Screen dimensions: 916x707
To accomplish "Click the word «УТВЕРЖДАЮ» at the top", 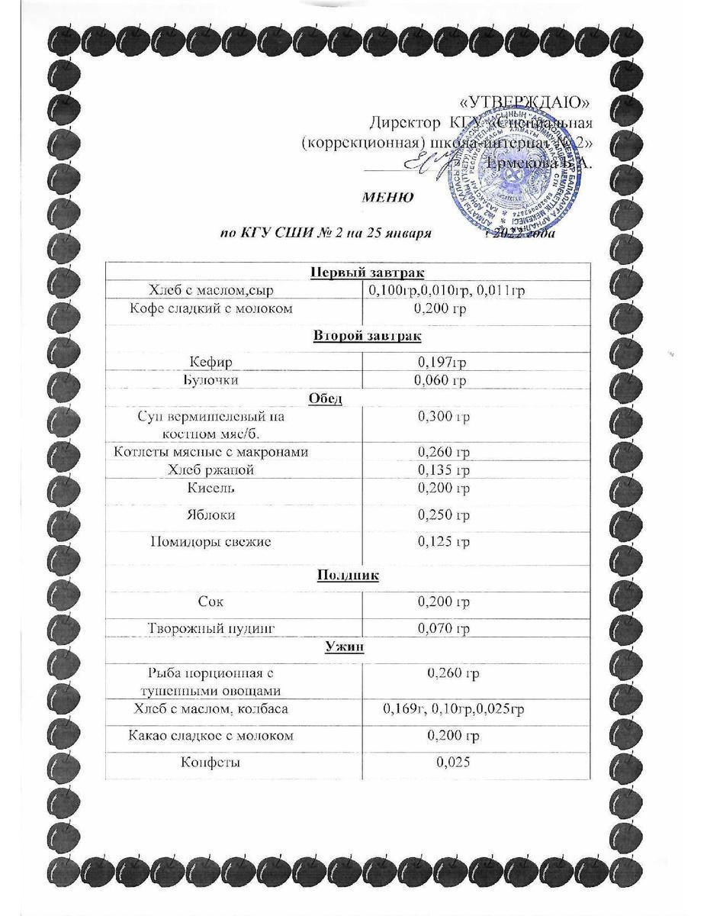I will coord(525,102).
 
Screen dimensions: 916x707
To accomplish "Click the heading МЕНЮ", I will coord(387,197).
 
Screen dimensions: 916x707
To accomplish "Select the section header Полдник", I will coord(348,575).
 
